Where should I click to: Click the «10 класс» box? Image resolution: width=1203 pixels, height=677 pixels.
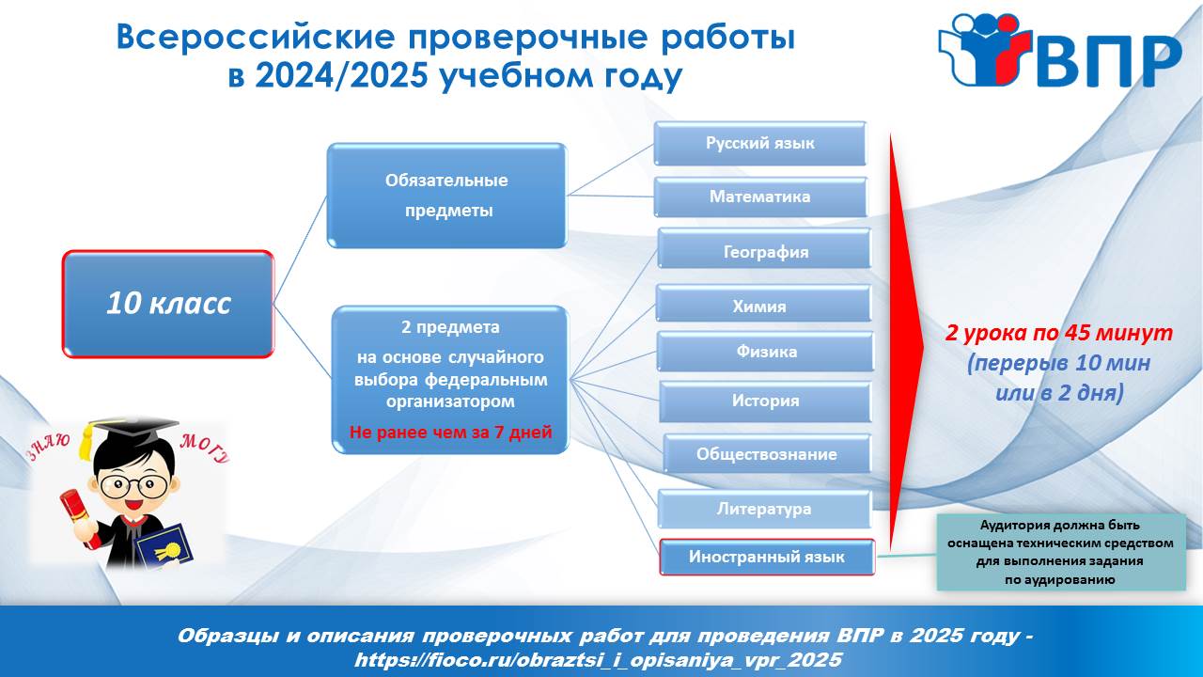coord(168,304)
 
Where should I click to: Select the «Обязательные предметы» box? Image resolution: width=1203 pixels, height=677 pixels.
coord(446,196)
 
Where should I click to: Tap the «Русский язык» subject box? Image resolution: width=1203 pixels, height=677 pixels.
coord(760,144)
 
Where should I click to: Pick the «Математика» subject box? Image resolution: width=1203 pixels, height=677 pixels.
coord(760,197)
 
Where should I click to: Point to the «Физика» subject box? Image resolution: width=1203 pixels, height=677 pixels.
coord(765,352)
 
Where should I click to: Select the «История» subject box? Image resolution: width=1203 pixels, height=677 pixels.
coord(765,401)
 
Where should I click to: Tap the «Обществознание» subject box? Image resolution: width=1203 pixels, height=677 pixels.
coord(767,454)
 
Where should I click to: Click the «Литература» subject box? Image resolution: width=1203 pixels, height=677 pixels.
coord(764,509)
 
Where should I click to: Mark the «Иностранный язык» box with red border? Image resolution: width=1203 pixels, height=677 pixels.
coord(767,557)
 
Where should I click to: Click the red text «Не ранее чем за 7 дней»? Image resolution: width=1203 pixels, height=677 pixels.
coord(450,433)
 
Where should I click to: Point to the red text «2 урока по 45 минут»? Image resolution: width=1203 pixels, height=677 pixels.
coord(1058,334)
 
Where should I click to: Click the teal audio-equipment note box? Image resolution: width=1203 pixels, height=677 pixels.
coord(1061,552)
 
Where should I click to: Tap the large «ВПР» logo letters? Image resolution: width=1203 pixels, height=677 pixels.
coord(1109,62)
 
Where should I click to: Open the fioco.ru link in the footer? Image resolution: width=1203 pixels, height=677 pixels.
coord(598,660)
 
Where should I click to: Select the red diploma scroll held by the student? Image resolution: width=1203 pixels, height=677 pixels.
coord(80,518)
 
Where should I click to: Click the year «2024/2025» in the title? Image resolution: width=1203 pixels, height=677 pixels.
coord(341,76)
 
